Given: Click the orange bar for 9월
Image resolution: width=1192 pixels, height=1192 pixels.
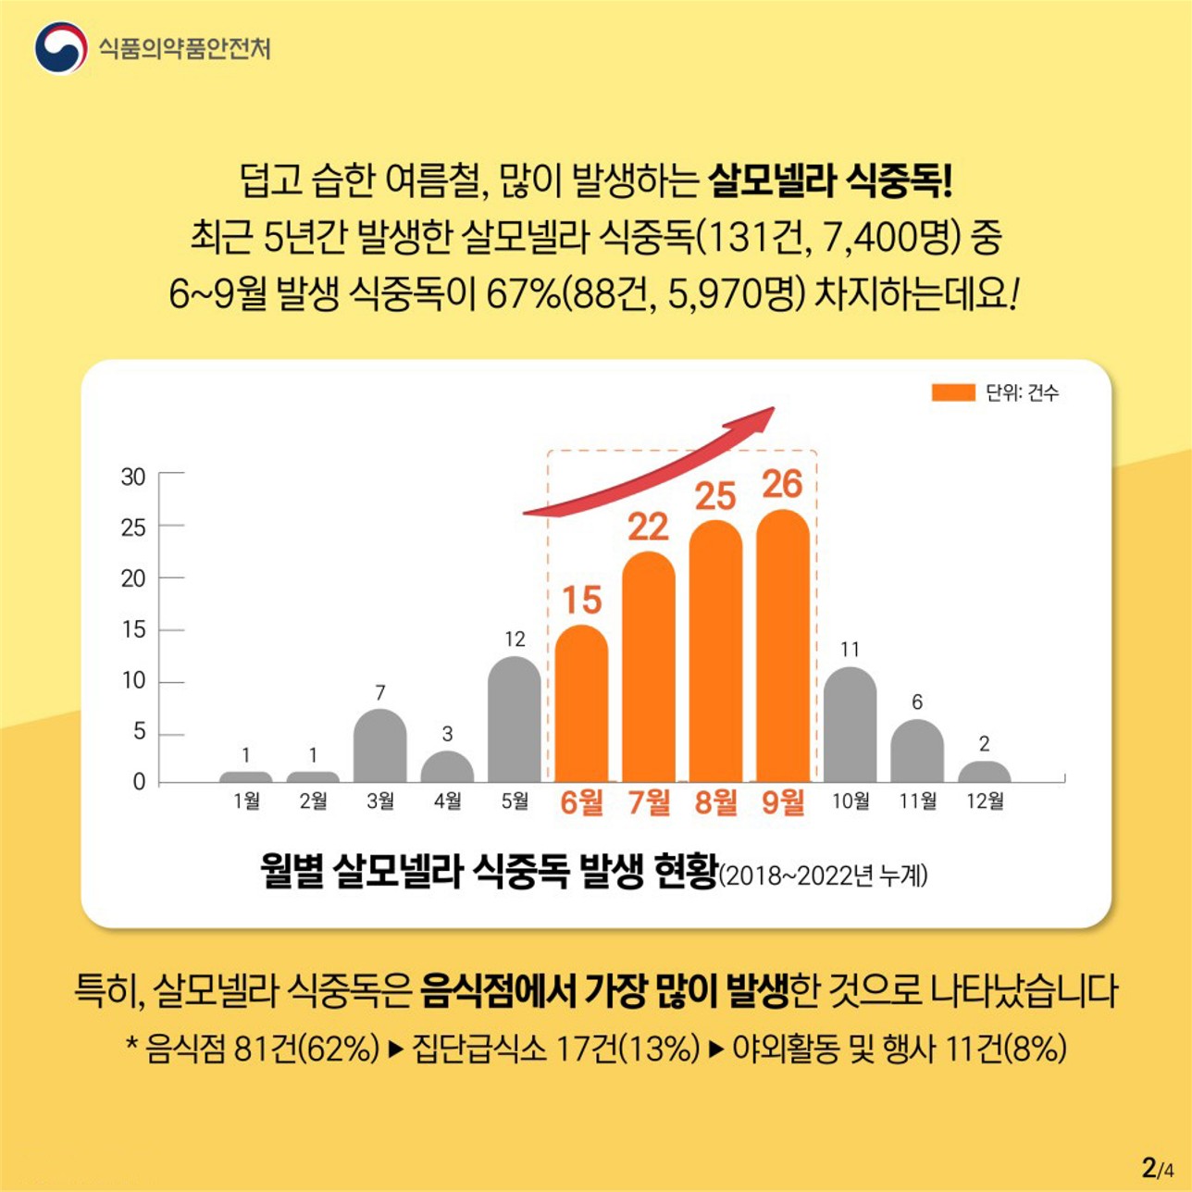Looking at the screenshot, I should click(x=782, y=648).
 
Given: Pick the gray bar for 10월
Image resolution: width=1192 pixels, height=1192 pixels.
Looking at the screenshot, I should click(x=850, y=726).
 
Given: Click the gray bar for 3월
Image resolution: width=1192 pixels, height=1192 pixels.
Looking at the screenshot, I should click(x=379, y=746).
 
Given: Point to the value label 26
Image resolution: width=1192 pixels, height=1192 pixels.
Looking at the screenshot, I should click(x=782, y=484).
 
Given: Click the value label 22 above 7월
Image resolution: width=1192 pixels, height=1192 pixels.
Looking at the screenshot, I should click(x=648, y=528).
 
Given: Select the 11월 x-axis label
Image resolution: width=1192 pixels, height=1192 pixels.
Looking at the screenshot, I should click(x=917, y=801).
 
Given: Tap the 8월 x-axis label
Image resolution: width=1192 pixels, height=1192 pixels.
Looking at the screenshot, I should click(x=715, y=801).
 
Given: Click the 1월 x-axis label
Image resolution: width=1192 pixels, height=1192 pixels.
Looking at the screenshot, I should click(x=246, y=801).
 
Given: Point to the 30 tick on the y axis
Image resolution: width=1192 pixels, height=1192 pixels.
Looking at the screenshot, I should click(x=133, y=478).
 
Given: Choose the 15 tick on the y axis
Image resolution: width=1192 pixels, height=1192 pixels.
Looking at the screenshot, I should click(x=133, y=630).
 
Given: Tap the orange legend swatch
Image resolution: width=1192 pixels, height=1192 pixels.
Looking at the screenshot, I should click(x=952, y=393).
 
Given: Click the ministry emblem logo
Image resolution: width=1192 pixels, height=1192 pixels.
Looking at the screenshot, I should click(x=61, y=47).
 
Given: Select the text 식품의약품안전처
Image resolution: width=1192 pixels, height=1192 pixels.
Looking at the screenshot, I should click(x=185, y=48).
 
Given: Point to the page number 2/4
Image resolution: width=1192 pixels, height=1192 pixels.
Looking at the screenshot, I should click(x=1158, y=1168).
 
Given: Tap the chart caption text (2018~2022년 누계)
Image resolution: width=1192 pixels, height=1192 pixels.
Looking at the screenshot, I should click(x=824, y=875).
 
